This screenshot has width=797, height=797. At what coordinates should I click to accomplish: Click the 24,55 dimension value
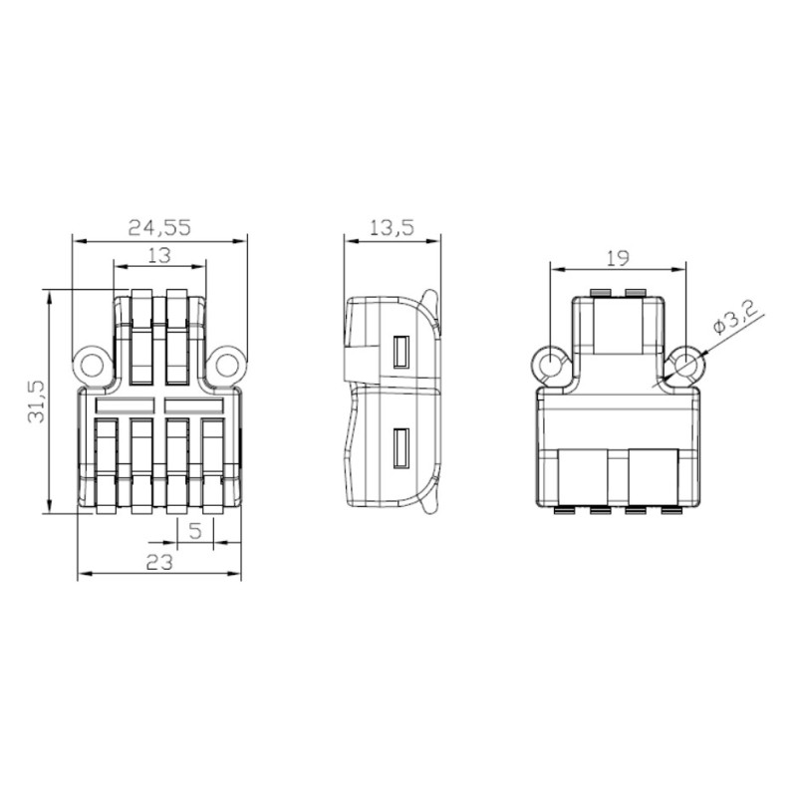point(159,227)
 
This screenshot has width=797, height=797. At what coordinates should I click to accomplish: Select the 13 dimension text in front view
point(158,256)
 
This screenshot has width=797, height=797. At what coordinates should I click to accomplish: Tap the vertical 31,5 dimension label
point(36,400)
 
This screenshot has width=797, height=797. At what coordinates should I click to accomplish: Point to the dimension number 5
point(196,532)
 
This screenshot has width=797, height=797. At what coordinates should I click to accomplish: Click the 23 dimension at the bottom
point(159,563)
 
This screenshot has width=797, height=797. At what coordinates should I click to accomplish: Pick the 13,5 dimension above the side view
point(392,227)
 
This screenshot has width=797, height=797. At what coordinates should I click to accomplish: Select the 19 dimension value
point(618,258)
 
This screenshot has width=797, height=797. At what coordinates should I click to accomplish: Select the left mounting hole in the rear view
point(550,366)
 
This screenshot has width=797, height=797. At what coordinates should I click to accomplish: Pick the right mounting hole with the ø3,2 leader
point(685,366)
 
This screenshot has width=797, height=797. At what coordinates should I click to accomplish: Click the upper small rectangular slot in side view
point(400,353)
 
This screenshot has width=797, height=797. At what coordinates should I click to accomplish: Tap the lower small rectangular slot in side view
point(400,447)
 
